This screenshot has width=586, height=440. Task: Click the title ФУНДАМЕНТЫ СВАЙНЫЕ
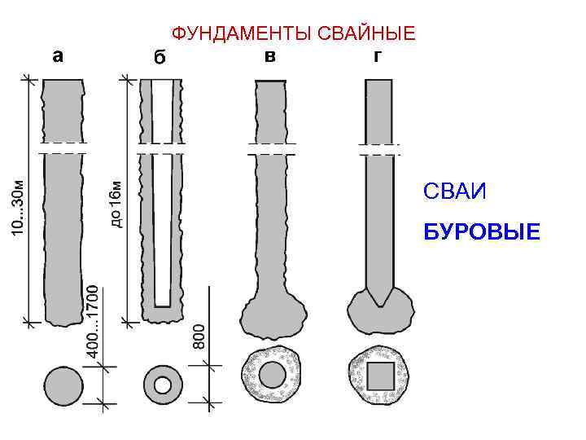[x=293, y=33]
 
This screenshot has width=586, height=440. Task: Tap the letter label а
[x=58, y=56]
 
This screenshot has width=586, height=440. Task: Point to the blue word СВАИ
[x=454, y=192]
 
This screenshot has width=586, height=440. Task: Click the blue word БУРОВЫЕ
[x=481, y=234]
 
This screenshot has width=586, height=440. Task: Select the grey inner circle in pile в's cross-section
[x=271, y=376]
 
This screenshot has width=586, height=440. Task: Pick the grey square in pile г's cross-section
[x=380, y=376]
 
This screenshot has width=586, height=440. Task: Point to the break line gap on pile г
[x=380, y=150]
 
